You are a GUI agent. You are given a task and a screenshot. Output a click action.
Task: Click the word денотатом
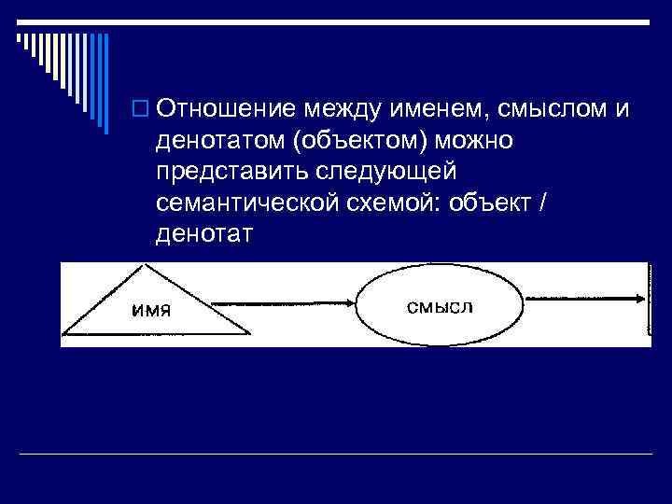click(218, 141)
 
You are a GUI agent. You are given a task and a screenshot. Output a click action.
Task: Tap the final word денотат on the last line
click(205, 232)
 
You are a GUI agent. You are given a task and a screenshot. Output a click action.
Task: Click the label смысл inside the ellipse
click(441, 306)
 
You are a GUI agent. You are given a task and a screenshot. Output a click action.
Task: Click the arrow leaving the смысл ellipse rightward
click(583, 299)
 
